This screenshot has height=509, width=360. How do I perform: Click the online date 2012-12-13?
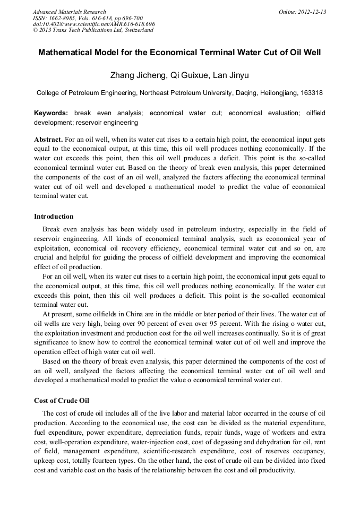tap(312, 12)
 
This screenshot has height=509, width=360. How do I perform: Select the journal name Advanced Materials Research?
tap(69, 12)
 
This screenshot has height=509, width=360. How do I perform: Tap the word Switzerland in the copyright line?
tap(136, 30)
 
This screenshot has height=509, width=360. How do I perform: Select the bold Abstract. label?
tap(49, 139)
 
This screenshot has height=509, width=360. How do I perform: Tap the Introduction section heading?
tap(54, 217)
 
